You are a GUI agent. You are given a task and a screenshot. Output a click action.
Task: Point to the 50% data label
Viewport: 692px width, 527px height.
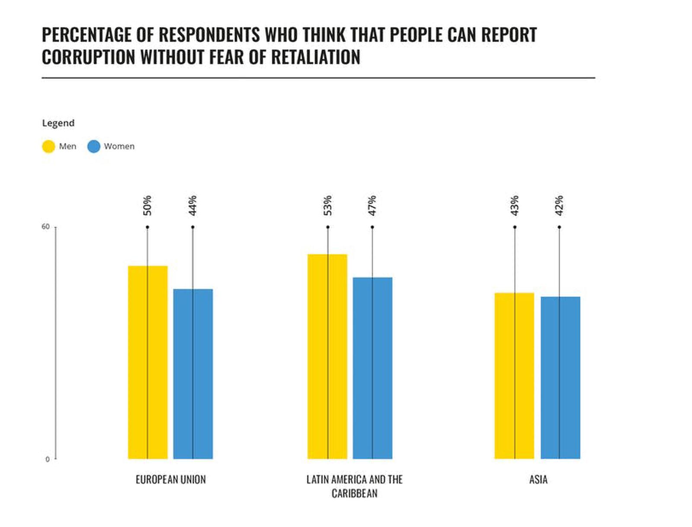[x=147, y=205]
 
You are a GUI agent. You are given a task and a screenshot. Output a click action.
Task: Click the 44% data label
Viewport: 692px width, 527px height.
[x=193, y=205]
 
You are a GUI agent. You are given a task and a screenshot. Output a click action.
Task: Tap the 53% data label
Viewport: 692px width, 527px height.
[x=328, y=205]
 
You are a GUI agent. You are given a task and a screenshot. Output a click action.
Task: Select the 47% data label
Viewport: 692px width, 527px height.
[x=372, y=205]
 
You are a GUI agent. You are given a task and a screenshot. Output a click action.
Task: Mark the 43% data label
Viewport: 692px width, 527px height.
[x=515, y=205]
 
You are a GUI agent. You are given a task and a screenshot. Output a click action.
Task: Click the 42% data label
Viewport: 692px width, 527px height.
[x=559, y=205]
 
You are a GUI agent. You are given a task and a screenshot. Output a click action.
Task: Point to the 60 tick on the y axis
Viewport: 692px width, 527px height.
[x=45, y=227]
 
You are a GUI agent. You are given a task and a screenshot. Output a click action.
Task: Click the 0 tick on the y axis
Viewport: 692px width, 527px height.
[x=48, y=459]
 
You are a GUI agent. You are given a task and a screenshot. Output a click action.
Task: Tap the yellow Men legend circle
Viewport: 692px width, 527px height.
[x=48, y=147]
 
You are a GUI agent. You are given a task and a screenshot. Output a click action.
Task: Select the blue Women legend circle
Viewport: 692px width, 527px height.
[x=94, y=147]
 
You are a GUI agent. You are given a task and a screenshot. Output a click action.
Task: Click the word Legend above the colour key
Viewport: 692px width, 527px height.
[x=58, y=123]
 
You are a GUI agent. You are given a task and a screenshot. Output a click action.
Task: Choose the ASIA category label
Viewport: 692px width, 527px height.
[x=538, y=479]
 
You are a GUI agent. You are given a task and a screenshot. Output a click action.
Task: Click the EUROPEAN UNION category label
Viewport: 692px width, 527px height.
[x=171, y=479]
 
